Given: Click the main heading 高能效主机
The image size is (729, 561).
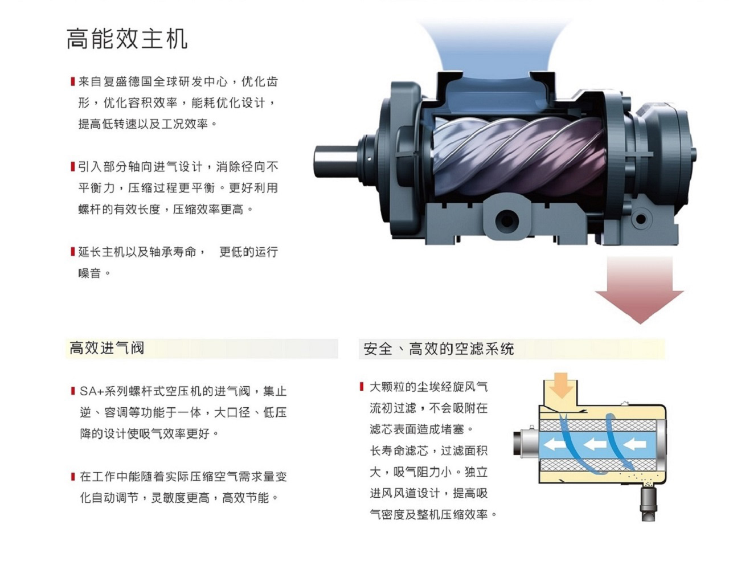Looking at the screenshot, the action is (127, 39).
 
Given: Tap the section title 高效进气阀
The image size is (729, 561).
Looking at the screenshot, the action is (107, 348).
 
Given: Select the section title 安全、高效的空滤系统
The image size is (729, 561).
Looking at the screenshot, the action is (439, 349).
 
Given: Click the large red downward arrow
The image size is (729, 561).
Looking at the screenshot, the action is (639, 289).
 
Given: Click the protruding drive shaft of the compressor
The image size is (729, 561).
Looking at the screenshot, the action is (335, 161).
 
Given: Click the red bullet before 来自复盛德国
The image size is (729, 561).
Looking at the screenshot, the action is (72, 81).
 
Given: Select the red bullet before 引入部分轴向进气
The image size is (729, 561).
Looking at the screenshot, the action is (72, 166).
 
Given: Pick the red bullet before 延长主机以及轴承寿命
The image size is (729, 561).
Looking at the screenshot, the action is (72, 252).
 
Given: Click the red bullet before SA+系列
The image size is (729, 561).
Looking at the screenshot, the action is (73, 391).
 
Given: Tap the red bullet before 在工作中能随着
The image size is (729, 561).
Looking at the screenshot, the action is (73, 476).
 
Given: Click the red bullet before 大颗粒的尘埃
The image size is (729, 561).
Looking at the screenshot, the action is (361, 387).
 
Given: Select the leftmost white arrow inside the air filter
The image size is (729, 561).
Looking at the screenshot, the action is (555, 445).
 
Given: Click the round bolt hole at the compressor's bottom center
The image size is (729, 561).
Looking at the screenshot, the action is (506, 220).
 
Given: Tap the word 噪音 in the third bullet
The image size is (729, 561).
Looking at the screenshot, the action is (89, 273).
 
